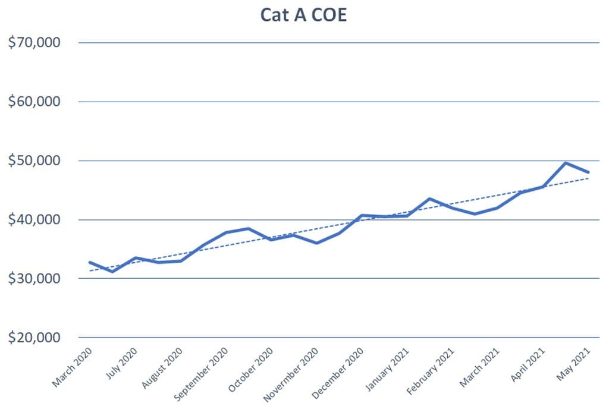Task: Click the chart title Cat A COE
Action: tap(303, 15)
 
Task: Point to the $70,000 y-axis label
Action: tap(34, 42)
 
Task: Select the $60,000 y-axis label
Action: tap(34, 102)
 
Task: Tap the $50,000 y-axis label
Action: tap(34, 160)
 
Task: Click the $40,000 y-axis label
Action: tap(34, 220)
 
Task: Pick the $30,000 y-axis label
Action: tap(34, 278)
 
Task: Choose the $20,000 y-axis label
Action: tap(34, 337)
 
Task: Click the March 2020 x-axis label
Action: tap(72, 367)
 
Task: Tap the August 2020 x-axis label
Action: tap(162, 368)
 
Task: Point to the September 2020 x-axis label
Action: tap(201, 374)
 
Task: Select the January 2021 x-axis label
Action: tap(387, 369)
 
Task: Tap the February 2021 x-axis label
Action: tap(431, 371)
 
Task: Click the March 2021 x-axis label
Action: tap(479, 367)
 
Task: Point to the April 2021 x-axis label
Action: tap(528, 365)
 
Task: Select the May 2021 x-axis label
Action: tap(573, 364)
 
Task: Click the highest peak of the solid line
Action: tap(566, 163)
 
